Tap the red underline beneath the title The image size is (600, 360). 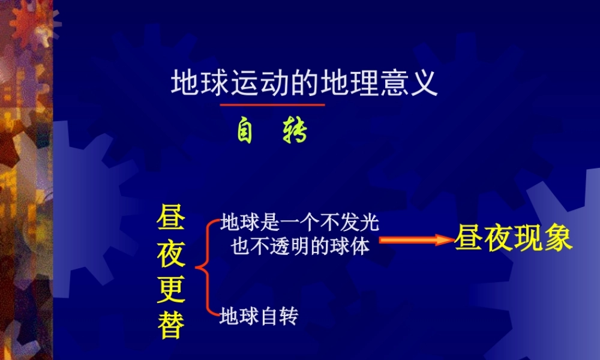(x=272, y=105)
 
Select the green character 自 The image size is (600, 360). (x=245, y=132)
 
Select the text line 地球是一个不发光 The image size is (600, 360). (x=299, y=223)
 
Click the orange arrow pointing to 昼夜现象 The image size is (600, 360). (x=415, y=240)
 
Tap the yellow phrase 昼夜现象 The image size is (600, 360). (x=513, y=239)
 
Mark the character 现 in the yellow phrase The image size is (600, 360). (x=527, y=239)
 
